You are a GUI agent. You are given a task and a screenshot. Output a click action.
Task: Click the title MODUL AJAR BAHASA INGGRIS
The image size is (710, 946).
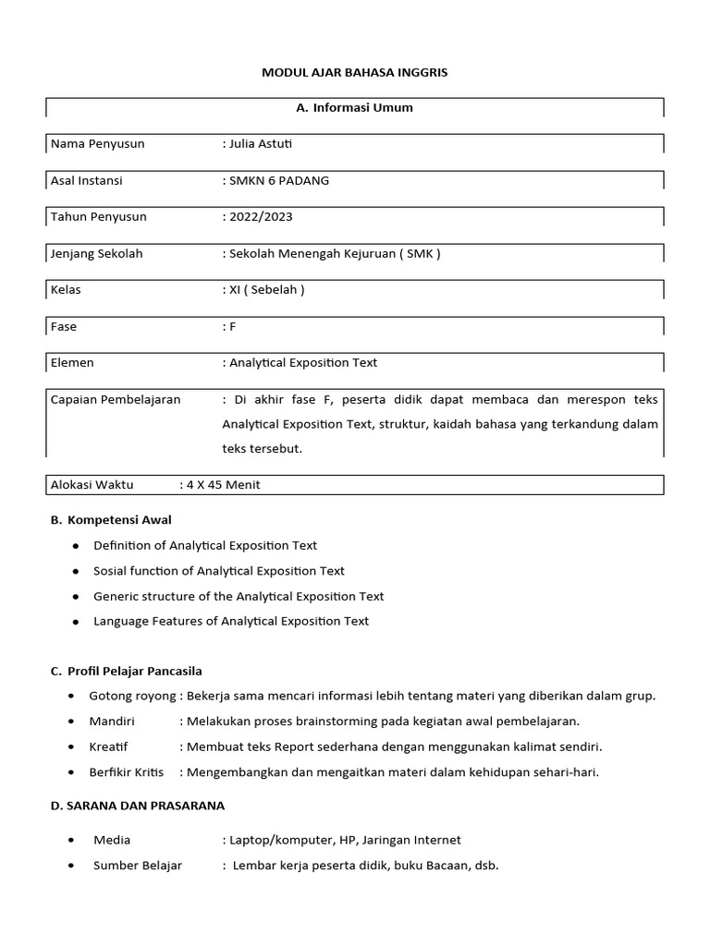[355, 72]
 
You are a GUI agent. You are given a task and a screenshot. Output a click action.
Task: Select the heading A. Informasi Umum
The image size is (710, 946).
[354, 108]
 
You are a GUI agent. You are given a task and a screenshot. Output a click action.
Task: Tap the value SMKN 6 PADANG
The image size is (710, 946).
[278, 180]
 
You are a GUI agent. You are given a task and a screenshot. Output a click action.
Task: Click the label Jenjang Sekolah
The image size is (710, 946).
[97, 253]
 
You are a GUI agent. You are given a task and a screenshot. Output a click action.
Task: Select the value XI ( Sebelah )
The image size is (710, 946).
[266, 289]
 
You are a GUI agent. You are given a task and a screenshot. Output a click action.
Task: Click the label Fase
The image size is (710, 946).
[64, 326]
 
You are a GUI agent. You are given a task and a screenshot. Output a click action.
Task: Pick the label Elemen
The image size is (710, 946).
[72, 362]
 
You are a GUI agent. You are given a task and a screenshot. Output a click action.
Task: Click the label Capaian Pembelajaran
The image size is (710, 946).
[116, 399]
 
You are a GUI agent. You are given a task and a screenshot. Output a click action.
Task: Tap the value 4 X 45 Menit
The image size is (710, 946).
[223, 485]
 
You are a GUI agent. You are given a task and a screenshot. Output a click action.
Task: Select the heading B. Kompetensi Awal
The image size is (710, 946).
[111, 520]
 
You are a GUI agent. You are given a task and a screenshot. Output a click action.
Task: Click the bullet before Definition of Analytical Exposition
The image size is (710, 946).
[75, 546]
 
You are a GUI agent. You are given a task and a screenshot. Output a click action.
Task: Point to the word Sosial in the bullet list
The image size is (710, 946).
[111, 571]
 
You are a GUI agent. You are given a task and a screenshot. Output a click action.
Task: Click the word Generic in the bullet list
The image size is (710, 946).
[116, 596]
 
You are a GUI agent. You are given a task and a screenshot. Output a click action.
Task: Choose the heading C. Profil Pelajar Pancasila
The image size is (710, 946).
[126, 670]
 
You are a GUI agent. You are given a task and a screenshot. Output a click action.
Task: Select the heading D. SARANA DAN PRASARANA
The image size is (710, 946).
[137, 806]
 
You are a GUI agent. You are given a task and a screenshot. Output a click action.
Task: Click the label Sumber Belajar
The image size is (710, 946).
[138, 866]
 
